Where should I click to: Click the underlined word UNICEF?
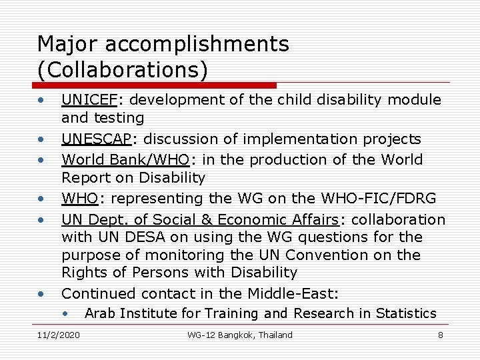click(x=89, y=100)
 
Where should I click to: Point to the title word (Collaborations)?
click(x=123, y=69)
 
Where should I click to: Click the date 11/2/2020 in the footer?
click(x=59, y=335)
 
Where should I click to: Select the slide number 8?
click(x=440, y=335)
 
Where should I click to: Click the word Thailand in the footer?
click(x=275, y=335)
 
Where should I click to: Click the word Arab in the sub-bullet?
click(x=98, y=313)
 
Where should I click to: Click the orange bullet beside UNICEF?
click(x=41, y=101)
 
